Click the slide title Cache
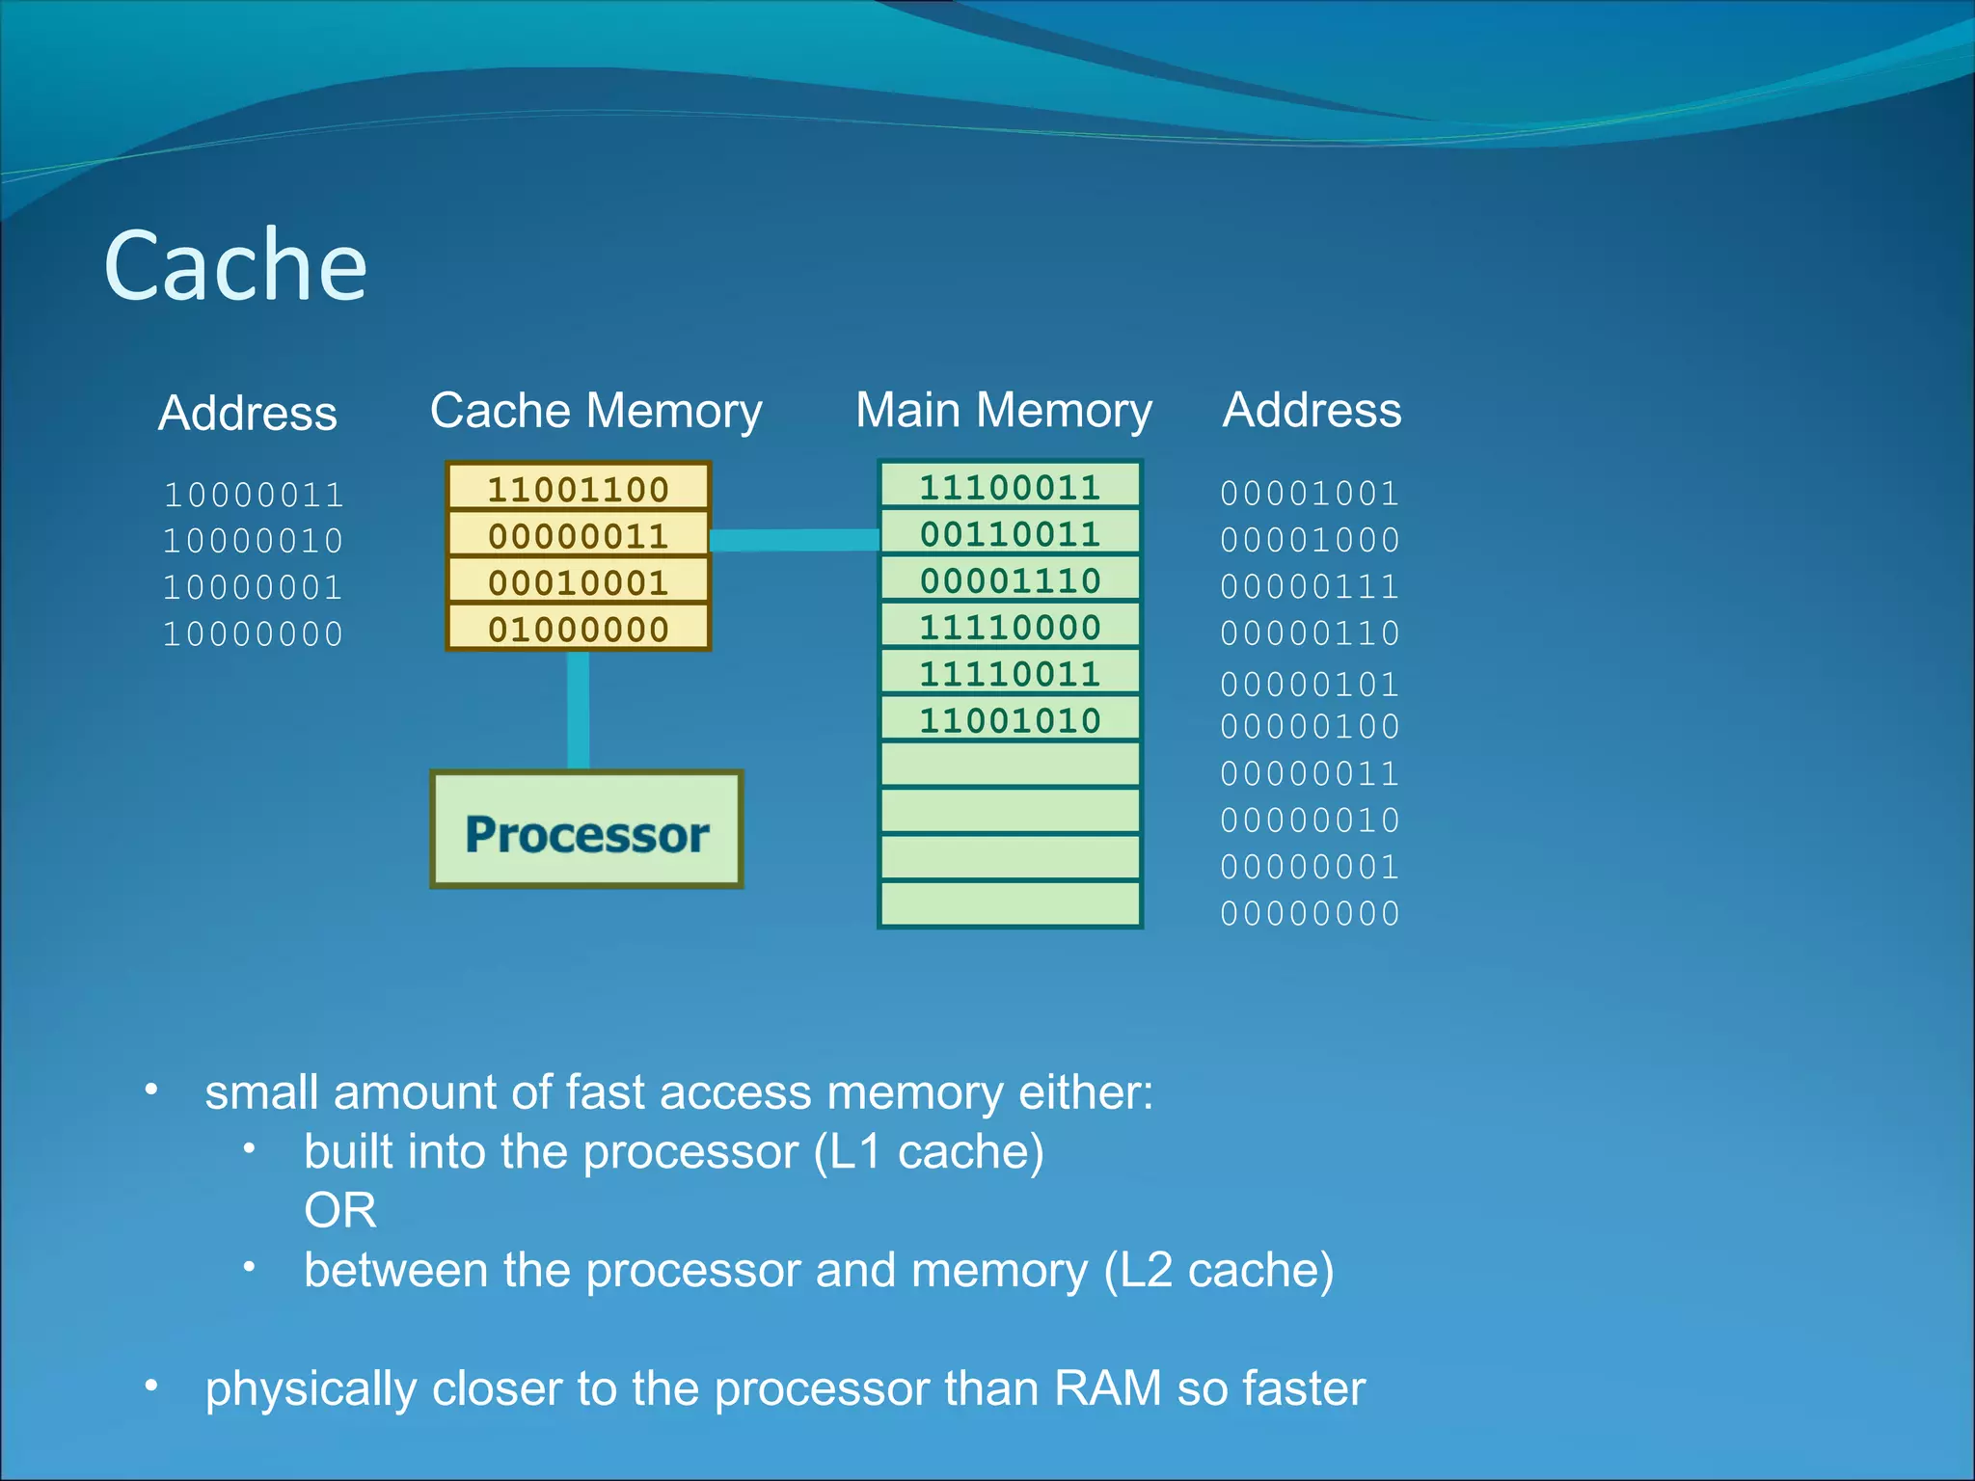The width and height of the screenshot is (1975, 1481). [235, 265]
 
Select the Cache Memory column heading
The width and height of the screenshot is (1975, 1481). [595, 411]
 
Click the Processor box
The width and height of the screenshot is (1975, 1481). [586, 831]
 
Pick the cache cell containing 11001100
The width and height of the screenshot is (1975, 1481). [578, 489]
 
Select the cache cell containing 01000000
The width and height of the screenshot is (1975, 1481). [578, 629]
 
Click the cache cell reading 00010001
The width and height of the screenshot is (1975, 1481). [578, 582]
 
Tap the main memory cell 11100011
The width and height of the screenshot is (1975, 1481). [1010, 487]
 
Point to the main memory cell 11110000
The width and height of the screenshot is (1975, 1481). [1010, 627]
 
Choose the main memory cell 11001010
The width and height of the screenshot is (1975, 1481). [1010, 720]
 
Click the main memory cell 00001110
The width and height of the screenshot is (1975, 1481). [1010, 580]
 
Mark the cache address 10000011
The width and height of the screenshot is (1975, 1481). [254, 495]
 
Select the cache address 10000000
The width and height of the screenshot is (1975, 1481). [254, 634]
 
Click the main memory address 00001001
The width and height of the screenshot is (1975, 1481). [1310, 494]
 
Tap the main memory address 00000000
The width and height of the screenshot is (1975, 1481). [1310, 913]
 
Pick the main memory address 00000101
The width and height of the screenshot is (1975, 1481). [1310, 684]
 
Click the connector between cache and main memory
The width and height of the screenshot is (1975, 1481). [794, 540]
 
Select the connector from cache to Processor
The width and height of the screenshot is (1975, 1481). [578, 711]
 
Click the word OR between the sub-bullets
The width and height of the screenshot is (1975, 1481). [339, 1210]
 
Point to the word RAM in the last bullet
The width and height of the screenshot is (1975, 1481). [1107, 1388]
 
